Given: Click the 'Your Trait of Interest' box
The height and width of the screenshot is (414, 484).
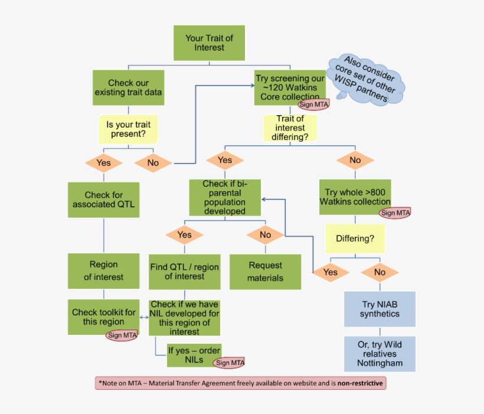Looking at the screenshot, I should pos(209,43).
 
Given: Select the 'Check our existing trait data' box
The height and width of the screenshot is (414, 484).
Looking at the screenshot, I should pos(129,88).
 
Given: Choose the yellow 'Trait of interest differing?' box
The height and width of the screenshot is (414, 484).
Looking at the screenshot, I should pos(289,128).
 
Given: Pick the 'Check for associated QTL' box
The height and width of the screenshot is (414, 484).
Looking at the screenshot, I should pos(103,200).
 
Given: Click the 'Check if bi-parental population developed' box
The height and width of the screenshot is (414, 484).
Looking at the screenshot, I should pos(224,197).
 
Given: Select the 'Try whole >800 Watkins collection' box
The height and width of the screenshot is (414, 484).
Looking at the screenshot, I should pos(355,197).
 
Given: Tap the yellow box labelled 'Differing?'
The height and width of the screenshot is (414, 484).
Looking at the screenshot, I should pos(355,239).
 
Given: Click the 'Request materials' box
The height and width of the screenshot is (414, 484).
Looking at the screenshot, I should pos(264,272).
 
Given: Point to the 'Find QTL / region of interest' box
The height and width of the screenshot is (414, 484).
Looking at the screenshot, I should pos(184,272).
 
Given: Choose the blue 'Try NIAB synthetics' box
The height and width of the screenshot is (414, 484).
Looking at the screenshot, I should pos(380,309).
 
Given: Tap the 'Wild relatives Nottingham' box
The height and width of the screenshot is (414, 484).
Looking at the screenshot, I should pos(380,354).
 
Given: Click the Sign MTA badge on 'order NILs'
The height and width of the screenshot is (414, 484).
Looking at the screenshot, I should pos(230,363).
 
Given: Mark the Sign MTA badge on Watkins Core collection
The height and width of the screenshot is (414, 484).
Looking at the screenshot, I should pos(313,105).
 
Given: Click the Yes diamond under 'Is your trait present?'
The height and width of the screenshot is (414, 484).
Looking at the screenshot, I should pos(103,163).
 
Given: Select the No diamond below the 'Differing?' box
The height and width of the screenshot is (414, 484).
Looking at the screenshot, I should pos(380,272).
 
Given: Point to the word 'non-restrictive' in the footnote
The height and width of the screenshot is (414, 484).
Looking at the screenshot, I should pos(360,383).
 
